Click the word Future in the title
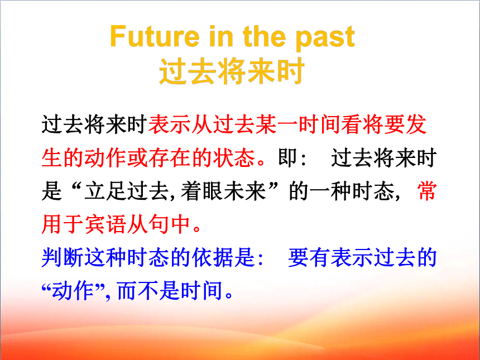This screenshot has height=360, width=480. coord(155,36)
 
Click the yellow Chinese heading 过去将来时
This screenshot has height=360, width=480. coord(232,71)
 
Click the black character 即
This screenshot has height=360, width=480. coord(287,157)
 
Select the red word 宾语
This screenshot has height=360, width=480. coord(105,224)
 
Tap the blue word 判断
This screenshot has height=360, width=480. coord(62,257)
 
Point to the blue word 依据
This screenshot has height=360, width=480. coord(213,257)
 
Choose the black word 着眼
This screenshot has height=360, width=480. coord(202,191)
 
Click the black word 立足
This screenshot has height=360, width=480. coord(105,191)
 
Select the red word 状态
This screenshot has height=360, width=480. coord(234,158)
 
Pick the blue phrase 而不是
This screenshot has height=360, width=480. coord(148,290)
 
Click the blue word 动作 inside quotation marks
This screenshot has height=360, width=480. coord(73,290)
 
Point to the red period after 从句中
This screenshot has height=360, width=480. coord(197,229)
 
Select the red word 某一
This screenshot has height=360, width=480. coord(277,124)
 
